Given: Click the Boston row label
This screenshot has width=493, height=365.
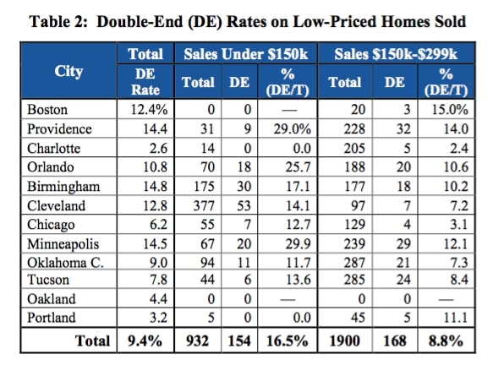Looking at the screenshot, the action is click(x=47, y=110).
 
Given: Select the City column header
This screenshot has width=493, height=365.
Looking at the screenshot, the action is click(x=68, y=72).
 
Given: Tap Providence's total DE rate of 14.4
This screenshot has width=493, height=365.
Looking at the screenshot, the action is click(x=155, y=128).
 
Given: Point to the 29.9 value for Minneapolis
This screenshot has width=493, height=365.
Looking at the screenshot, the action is click(x=298, y=244).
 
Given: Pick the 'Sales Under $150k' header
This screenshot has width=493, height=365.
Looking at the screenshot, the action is click(x=246, y=54).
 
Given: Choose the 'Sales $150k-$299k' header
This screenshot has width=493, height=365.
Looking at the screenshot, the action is click(x=396, y=54).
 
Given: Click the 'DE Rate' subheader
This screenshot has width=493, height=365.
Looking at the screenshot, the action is click(x=145, y=82).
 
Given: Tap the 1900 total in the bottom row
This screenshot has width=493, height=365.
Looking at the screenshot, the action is click(x=345, y=340).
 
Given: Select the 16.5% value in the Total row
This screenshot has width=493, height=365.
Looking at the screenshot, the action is click(x=288, y=340).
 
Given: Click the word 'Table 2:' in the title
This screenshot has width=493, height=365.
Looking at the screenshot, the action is click(x=58, y=22).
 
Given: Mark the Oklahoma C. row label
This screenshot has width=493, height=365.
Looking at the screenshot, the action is click(x=65, y=263).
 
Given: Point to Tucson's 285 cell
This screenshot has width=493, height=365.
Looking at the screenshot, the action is click(x=354, y=280).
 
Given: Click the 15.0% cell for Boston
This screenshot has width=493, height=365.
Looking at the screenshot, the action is click(x=450, y=110).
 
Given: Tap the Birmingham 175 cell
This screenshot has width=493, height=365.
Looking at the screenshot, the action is click(x=204, y=186).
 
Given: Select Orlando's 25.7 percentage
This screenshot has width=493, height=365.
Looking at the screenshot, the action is click(x=298, y=167).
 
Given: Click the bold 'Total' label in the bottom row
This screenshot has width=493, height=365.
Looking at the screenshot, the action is click(x=92, y=340).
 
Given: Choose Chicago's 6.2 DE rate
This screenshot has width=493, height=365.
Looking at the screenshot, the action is click(x=158, y=225).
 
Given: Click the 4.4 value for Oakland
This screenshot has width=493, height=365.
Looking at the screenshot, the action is click(x=158, y=299).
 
